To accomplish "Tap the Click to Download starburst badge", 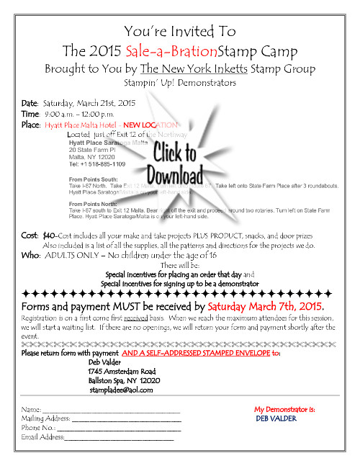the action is coord(171,163).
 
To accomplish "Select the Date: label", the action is coord(30,103).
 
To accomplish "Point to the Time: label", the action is coord(30,114).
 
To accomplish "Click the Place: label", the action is coord(31,124).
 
